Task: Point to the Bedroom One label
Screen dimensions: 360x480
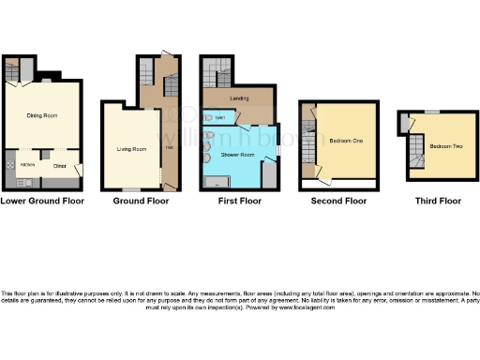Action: coord(346,141)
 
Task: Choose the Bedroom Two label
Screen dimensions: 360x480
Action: coord(445,147)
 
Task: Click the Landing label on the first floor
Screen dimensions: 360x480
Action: coord(238,97)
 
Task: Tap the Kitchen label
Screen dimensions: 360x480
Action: coord(14,164)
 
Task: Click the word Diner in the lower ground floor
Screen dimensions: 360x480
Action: coord(59,166)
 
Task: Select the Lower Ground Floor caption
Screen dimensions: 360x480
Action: coord(42,201)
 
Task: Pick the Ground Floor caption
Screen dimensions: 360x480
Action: coord(141,201)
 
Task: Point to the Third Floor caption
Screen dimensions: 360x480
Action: coord(438,201)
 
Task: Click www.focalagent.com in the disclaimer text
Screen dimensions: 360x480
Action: coord(312,307)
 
